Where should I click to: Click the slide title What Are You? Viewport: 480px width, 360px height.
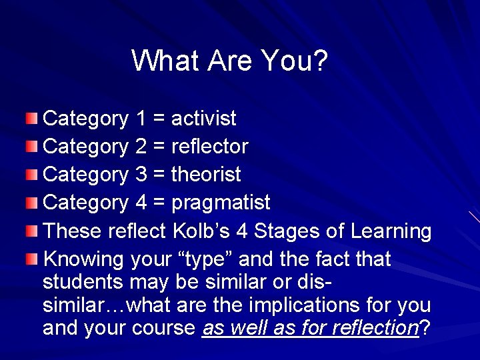pos(230,61)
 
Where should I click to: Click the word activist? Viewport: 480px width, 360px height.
pos(204,119)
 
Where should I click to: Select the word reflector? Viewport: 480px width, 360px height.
pos(210,146)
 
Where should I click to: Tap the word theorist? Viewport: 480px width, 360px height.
pos(206,175)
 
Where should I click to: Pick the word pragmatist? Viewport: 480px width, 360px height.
pos(221,203)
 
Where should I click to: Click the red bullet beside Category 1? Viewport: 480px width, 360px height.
pos(33,119)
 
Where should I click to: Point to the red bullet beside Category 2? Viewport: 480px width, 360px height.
pos(33,147)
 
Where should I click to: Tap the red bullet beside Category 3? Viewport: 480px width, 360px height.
pos(33,175)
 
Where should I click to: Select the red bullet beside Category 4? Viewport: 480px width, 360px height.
pos(33,203)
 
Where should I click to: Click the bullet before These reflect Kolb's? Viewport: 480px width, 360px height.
pos(33,231)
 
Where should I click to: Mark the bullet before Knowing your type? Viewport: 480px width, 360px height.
pos(33,259)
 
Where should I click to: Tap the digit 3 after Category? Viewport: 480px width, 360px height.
pos(141,175)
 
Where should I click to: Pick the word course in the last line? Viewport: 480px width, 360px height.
pos(165,329)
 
